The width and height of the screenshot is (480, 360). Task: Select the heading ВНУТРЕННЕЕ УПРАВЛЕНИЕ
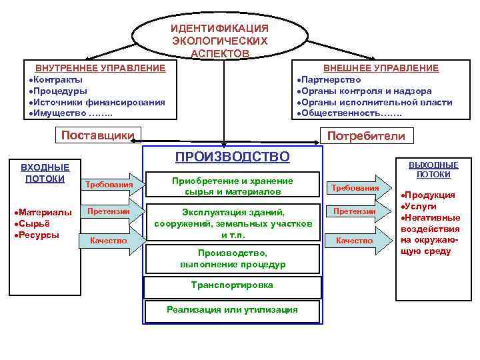coord(100,68)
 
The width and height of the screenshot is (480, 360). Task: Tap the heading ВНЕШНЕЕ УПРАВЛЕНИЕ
coord(381,68)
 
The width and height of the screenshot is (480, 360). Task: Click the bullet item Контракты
coord(61,79)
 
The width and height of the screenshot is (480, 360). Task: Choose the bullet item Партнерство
coord(333,79)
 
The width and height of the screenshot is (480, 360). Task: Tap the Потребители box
coord(366,136)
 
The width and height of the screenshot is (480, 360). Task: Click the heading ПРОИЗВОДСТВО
coord(232,157)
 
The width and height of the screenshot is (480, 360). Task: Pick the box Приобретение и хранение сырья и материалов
coord(232,186)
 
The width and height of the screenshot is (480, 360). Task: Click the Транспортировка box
coord(232,285)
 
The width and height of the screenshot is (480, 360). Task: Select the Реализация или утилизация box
coord(232,309)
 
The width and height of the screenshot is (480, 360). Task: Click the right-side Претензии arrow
coord(355,211)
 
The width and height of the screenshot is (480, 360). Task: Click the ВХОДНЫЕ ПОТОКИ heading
coord(45,173)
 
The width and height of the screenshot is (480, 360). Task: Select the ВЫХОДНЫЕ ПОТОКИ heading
coord(433,169)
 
